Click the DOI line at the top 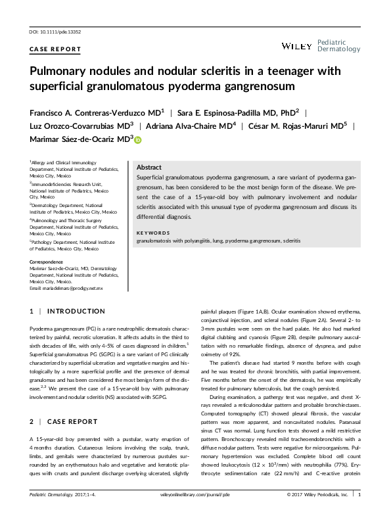[x=60, y=32]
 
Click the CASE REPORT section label [x=56, y=49]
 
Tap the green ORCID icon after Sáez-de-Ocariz [x=139, y=139]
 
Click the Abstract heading [x=149, y=168]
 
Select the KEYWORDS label [x=154, y=233]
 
